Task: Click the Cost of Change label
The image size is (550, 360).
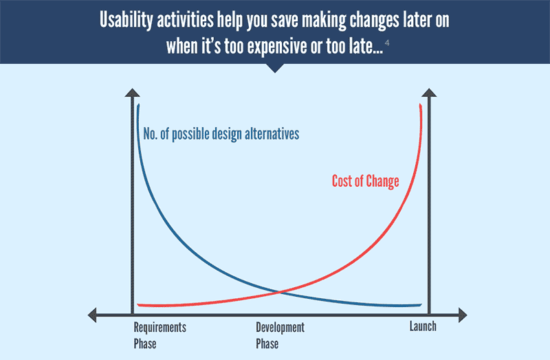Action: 365,182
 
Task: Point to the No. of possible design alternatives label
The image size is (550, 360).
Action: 221,134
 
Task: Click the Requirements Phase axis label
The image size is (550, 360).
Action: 159,335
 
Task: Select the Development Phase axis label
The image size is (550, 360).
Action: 280,335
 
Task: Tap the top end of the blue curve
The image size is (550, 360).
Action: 138,105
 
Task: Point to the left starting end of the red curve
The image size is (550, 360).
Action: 139,304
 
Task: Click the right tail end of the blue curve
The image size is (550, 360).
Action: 419,304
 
